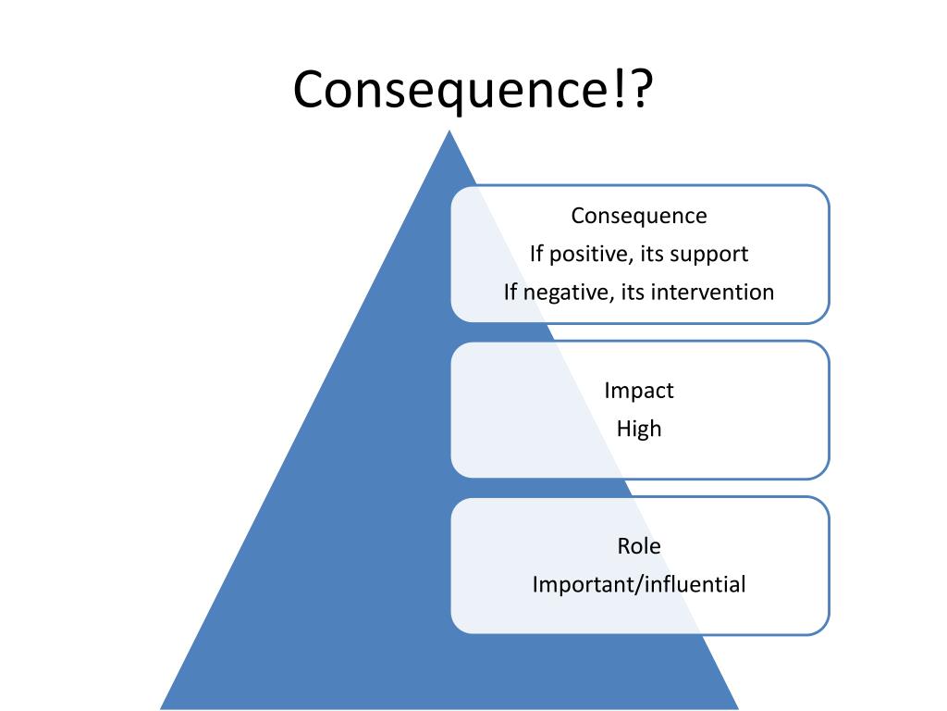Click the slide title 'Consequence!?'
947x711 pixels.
473,90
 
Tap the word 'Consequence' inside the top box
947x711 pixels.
639,216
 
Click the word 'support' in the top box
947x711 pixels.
714,254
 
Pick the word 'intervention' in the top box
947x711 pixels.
712,293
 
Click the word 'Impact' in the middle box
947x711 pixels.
639,391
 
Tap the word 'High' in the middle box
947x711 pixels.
639,430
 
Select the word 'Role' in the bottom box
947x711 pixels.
639,546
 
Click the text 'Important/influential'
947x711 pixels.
639,585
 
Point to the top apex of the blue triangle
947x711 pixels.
449,132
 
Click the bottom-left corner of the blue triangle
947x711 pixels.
163,707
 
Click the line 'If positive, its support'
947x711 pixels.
639,254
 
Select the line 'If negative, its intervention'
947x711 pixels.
639,293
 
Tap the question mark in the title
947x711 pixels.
638,90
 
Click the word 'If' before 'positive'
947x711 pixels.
537,254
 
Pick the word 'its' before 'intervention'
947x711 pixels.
633,293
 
